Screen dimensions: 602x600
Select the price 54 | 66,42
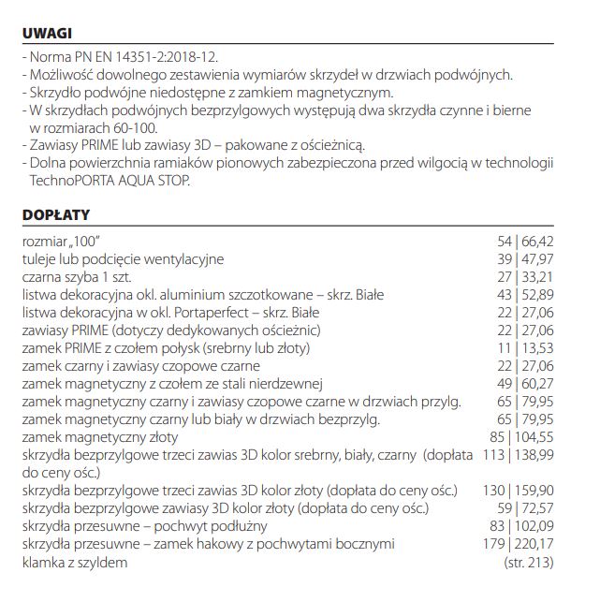pos(525,242)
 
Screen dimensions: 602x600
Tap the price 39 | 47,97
pos(525,259)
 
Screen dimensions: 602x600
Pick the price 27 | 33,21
pos(525,277)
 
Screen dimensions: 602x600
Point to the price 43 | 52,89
pos(525,295)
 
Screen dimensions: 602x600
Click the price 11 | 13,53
pos(525,348)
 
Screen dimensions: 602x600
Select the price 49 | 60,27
pos(525,384)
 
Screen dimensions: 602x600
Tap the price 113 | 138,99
pos(517,455)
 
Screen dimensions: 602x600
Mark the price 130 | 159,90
pos(517,491)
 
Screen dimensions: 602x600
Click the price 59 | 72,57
pos(525,508)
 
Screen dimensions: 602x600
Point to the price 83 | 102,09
pos(520,526)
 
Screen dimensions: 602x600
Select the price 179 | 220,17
pos(517,544)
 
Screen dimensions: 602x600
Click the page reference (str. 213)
pos(528,562)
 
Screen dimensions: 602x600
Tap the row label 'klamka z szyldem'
pos(75,562)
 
